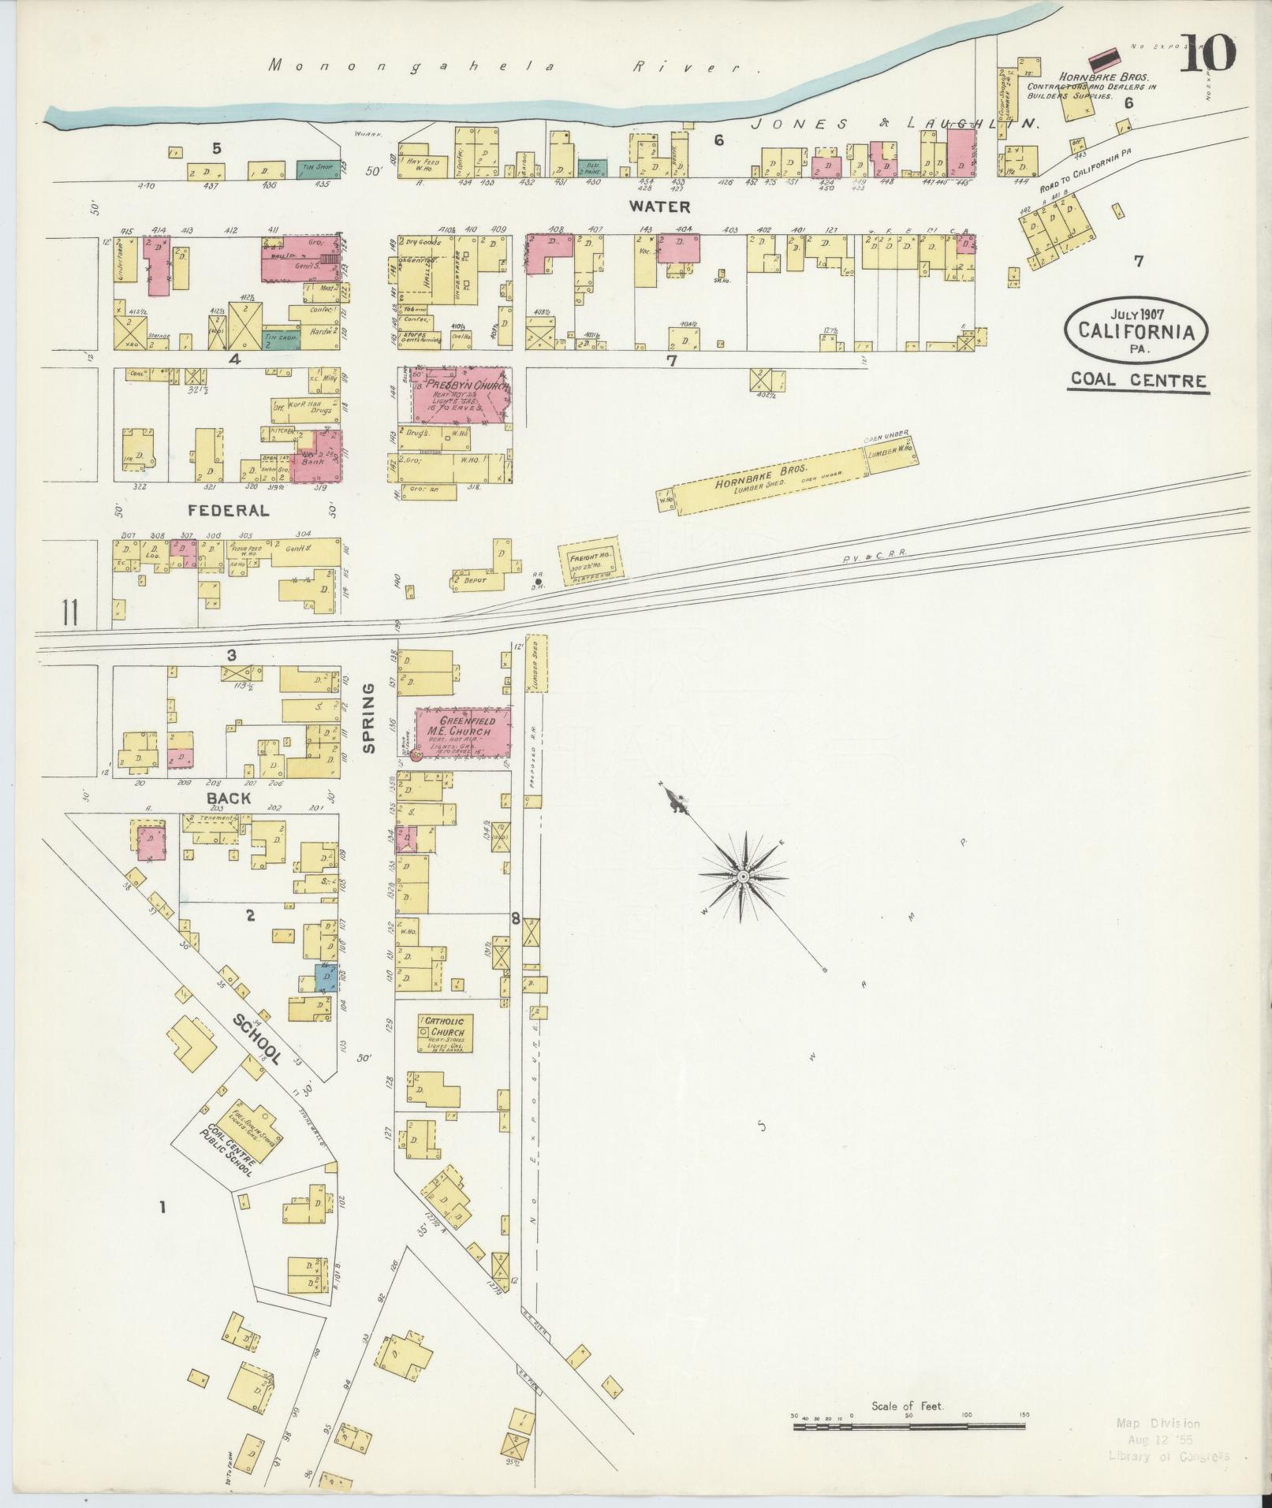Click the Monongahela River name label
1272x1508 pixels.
pyautogui.click(x=513, y=67)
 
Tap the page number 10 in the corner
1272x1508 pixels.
pyautogui.click(x=1207, y=54)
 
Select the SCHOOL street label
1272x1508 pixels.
pyautogui.click(x=256, y=1039)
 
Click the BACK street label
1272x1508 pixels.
pyautogui.click(x=228, y=798)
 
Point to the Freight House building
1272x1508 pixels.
pyautogui.click(x=586, y=562)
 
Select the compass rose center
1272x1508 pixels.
pyautogui.click(x=743, y=877)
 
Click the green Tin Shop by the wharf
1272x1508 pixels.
pyautogui.click(x=317, y=169)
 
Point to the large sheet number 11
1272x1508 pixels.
pyautogui.click(x=70, y=613)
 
